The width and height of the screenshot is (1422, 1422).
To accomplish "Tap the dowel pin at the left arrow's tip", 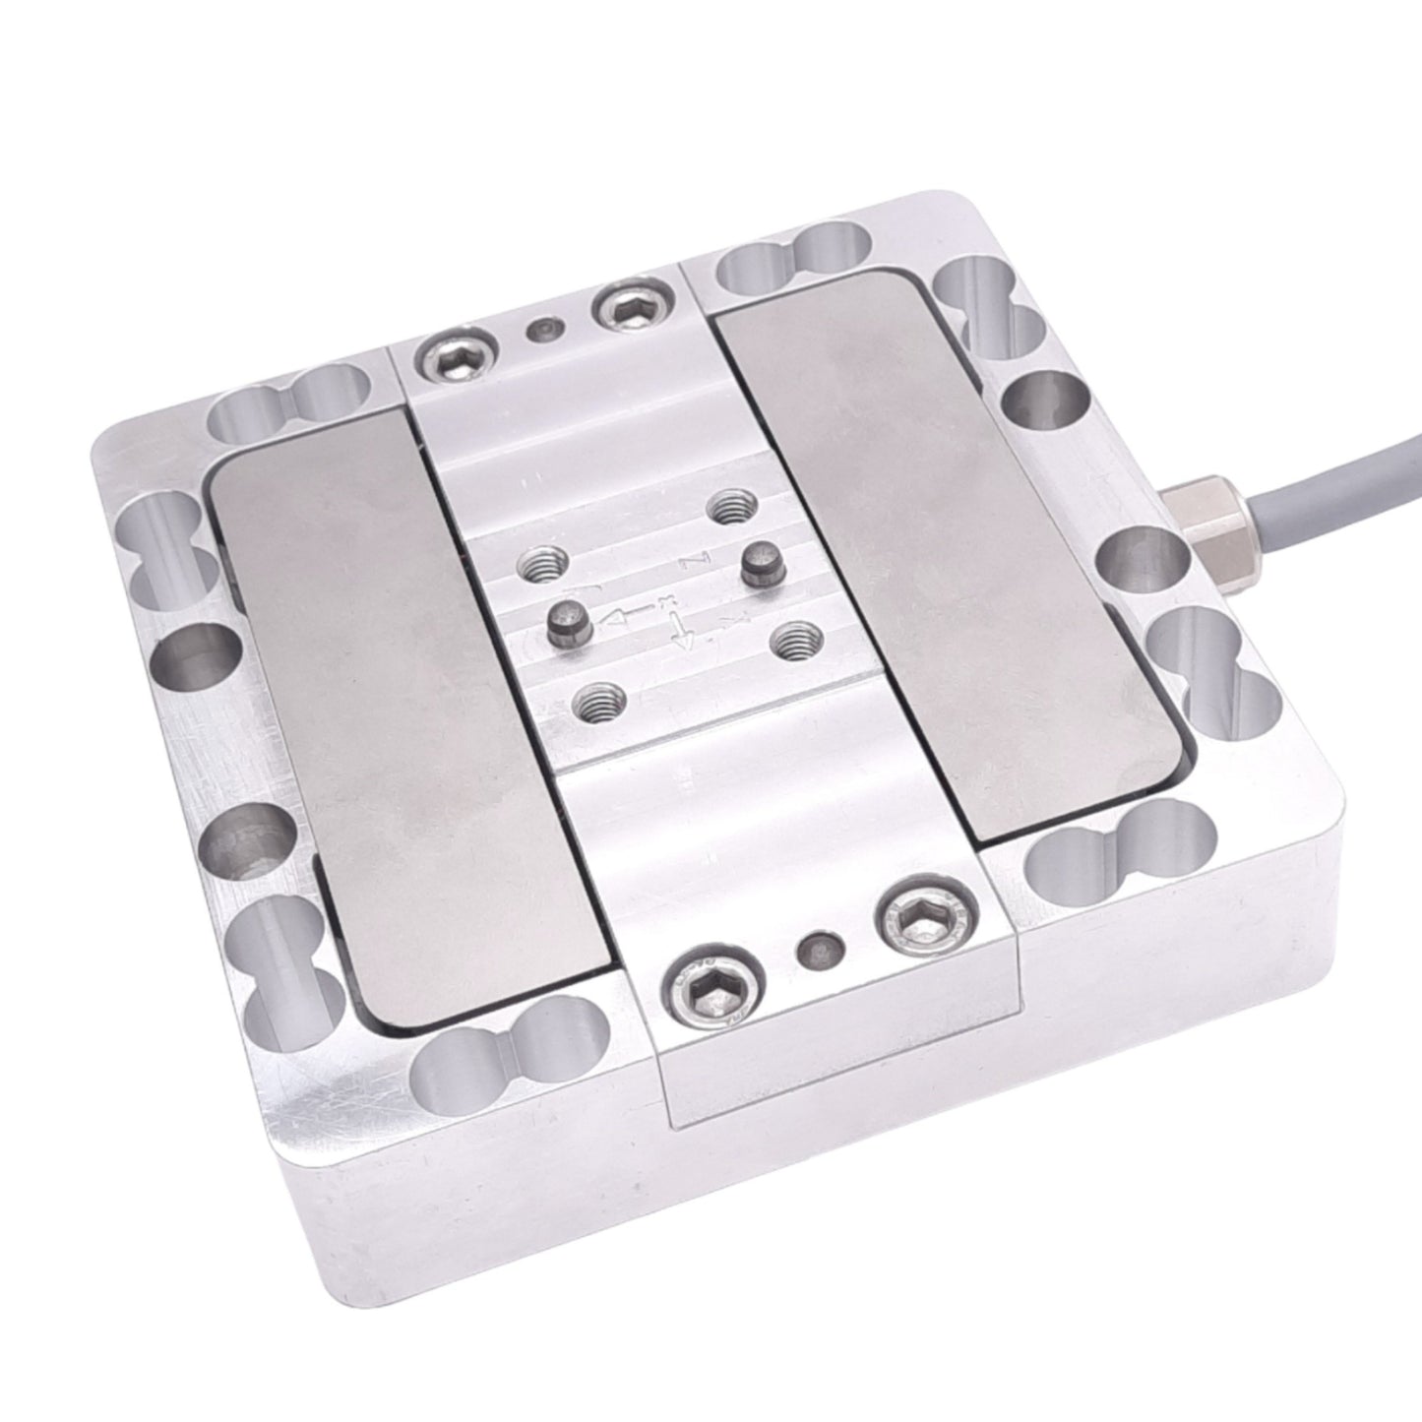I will click(568, 625).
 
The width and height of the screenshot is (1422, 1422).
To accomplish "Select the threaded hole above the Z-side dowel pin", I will click(731, 508).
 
